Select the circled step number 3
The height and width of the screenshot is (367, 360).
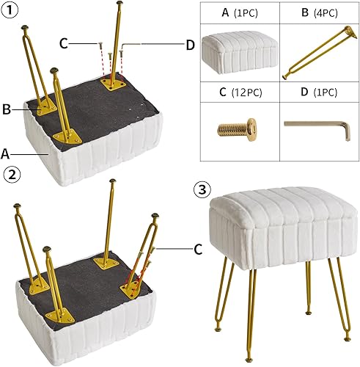click(x=203, y=189)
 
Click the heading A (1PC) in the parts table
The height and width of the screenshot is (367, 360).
click(x=239, y=13)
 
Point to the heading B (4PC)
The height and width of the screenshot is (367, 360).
click(x=317, y=13)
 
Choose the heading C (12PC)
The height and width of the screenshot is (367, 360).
click(x=239, y=93)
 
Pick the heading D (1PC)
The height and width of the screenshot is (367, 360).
click(x=317, y=93)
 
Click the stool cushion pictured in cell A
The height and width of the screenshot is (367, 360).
click(x=239, y=53)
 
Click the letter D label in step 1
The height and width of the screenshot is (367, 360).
click(x=189, y=46)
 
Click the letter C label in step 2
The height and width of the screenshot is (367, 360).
click(x=197, y=250)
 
